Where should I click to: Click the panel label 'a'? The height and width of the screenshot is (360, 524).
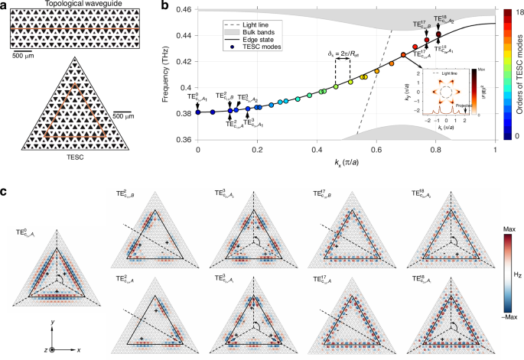click(5, 5)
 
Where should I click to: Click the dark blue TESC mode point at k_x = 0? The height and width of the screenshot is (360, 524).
click(198, 112)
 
